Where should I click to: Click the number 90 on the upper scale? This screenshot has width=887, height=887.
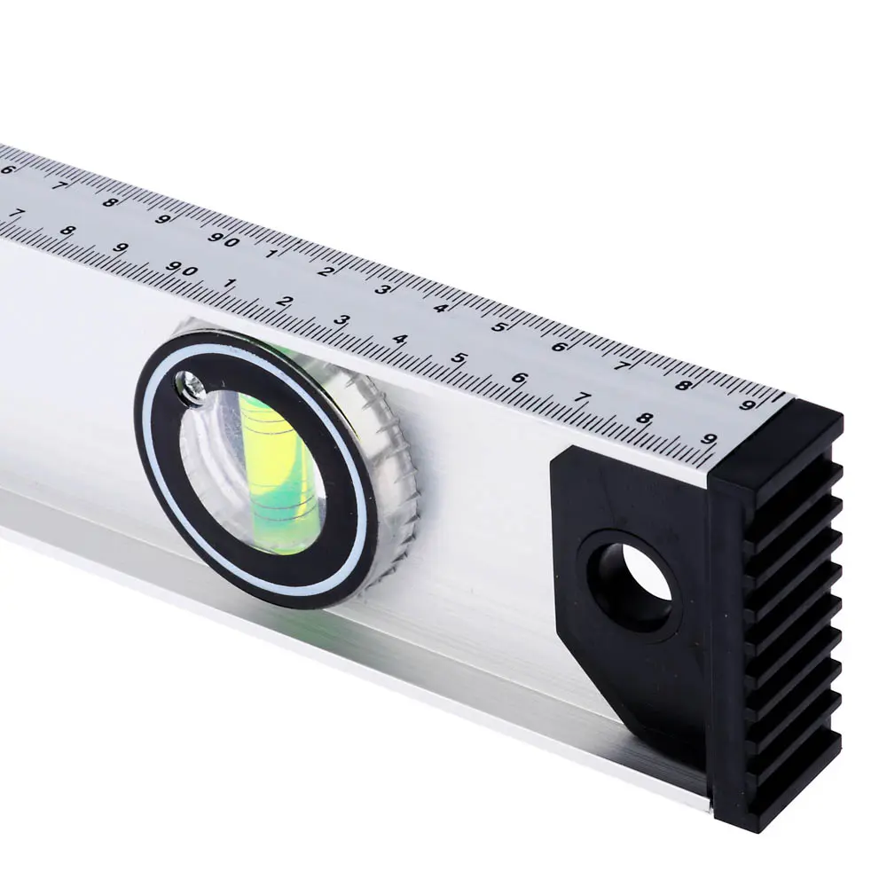[223, 239]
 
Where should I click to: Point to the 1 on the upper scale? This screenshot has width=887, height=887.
[271, 254]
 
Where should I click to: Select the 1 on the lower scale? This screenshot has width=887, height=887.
[229, 283]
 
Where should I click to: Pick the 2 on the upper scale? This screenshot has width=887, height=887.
[324, 271]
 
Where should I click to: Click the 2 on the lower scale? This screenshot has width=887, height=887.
[283, 302]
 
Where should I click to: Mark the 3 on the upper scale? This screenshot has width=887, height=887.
[383, 290]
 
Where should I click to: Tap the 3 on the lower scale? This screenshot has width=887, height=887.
[341, 320]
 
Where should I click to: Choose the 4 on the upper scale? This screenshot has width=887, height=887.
[442, 309]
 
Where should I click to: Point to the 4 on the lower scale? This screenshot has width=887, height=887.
[400, 340]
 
